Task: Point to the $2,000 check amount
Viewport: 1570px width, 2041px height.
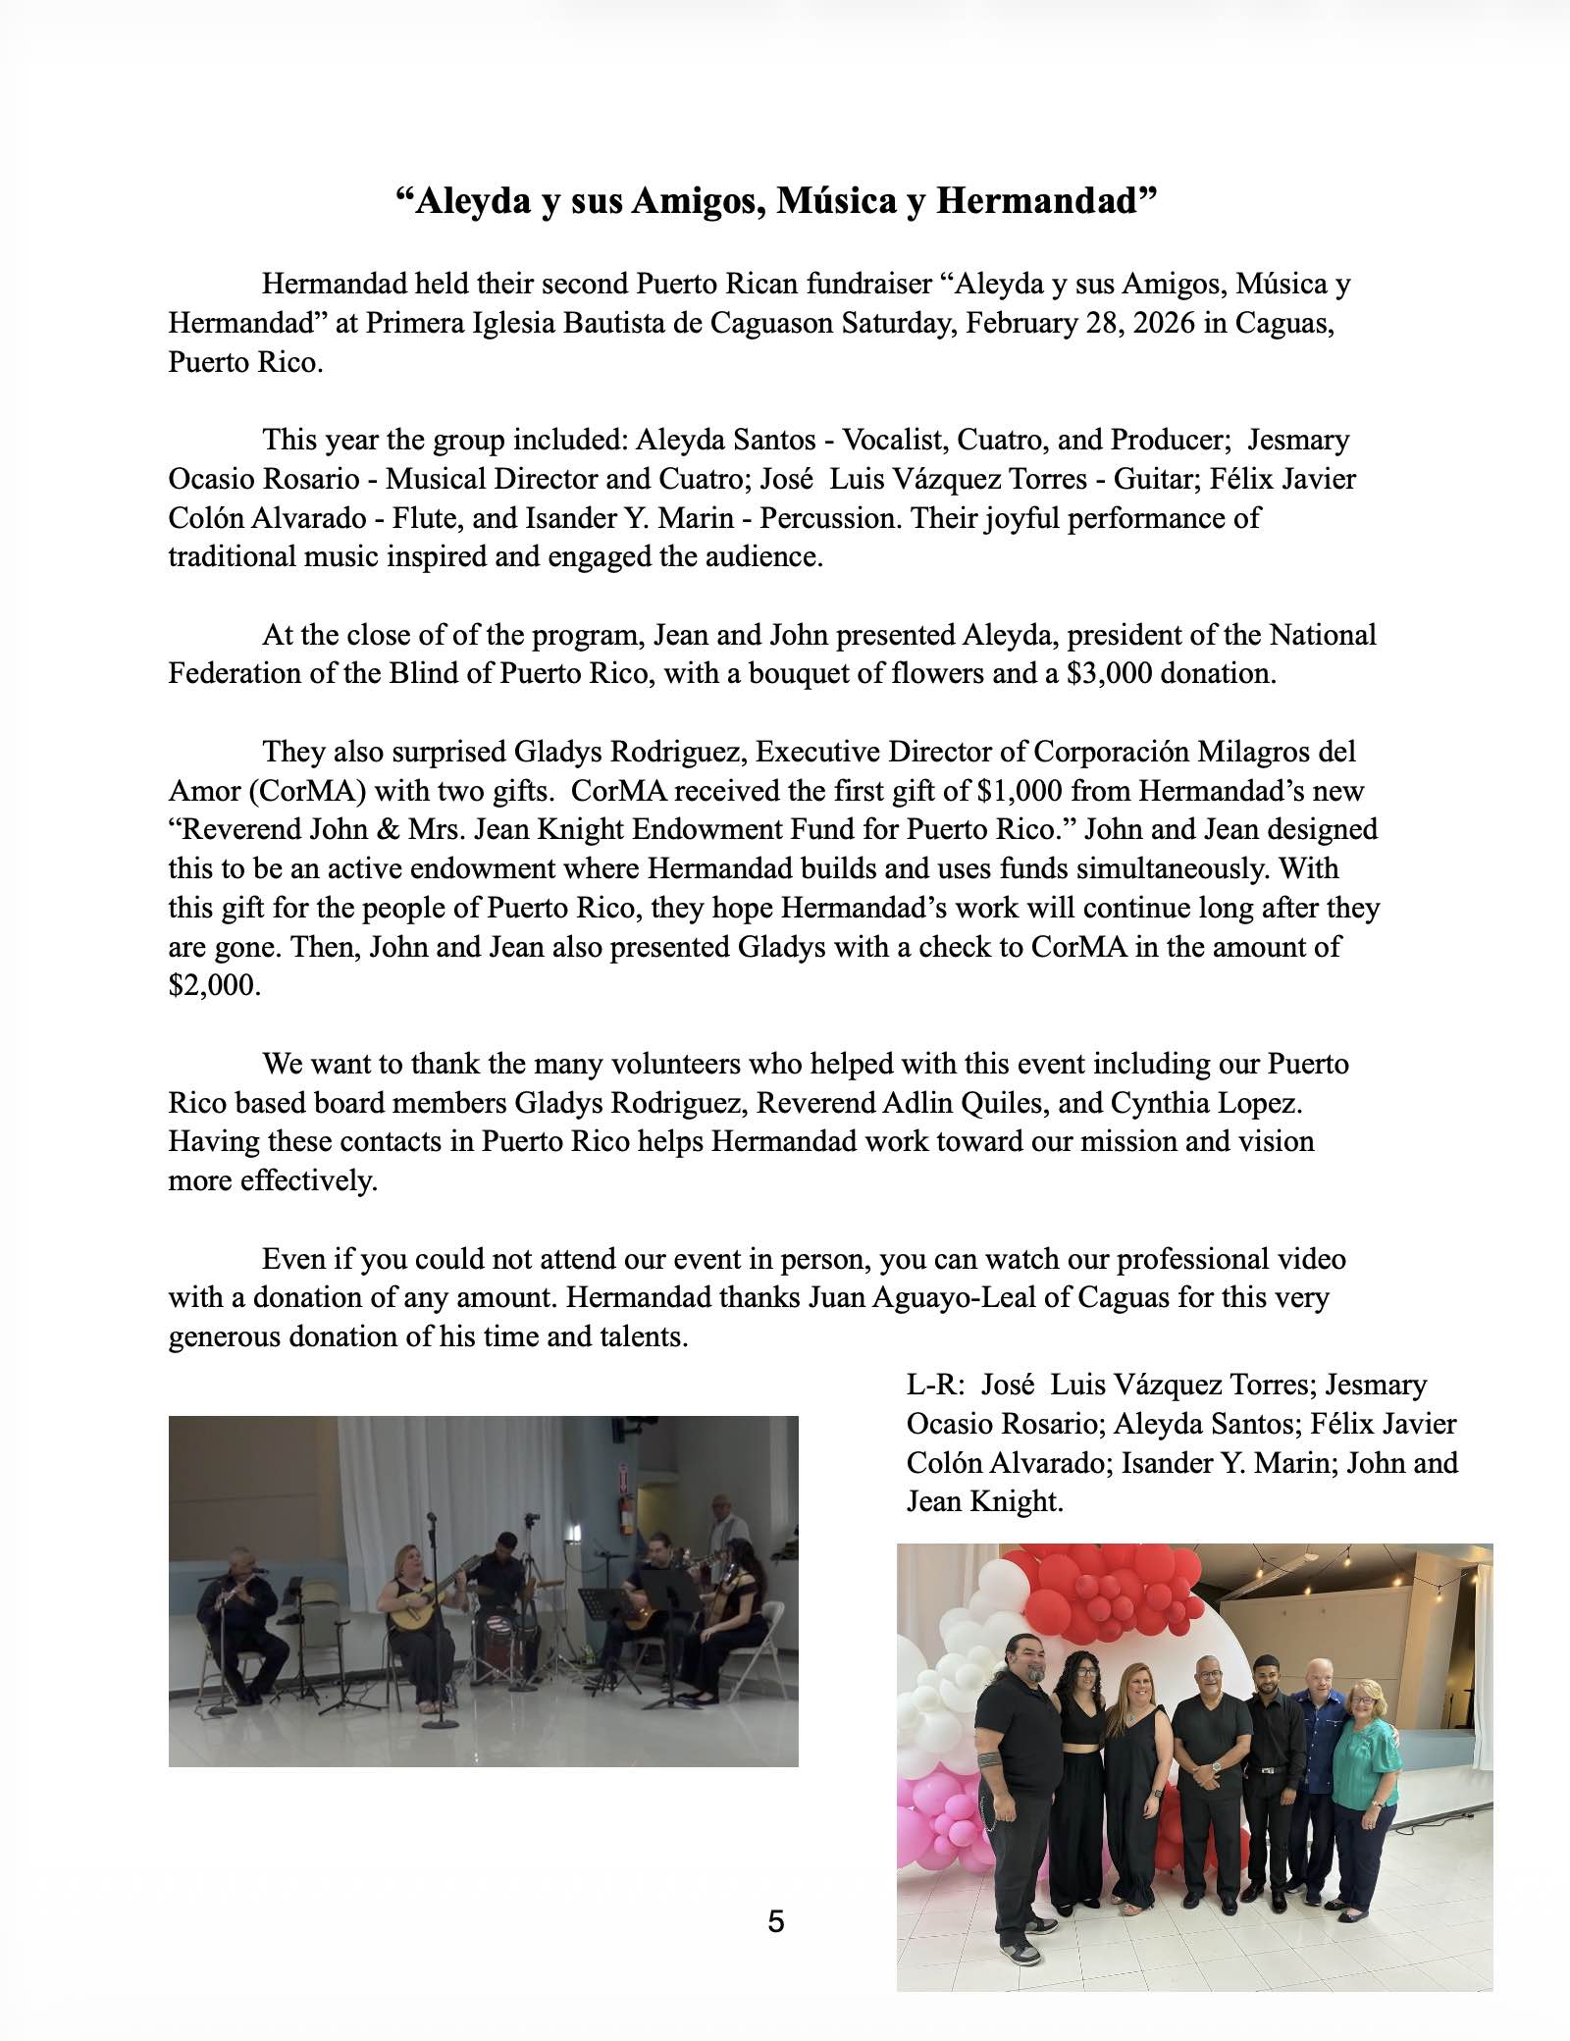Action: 214,985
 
